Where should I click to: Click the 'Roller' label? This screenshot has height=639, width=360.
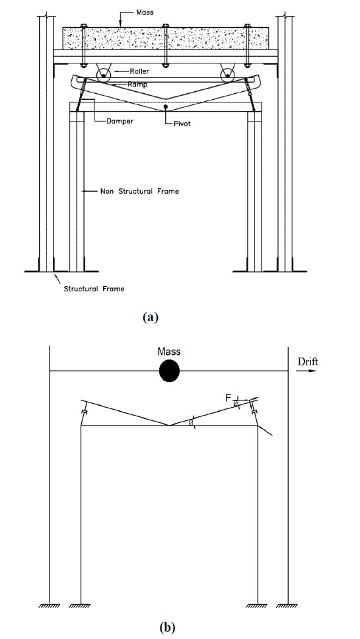coord(139,71)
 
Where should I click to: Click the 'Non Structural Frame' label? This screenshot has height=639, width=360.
coord(139,191)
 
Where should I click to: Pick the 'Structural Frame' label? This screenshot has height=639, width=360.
coord(94,289)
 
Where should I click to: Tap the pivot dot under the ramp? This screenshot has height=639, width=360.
coord(165,107)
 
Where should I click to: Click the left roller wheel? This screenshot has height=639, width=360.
coord(104,75)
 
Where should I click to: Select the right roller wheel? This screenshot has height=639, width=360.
coord(227,75)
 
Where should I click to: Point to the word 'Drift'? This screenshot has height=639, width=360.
coord(308,361)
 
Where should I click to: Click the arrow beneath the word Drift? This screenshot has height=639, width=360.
coord(308,371)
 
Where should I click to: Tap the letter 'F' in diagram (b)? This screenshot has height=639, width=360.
coord(229,398)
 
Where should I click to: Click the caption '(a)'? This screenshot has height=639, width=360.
coord(151,317)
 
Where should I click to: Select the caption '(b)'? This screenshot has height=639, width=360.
coord(167,628)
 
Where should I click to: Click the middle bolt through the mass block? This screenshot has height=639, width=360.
coord(165,45)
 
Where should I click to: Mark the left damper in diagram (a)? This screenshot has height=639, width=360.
coord(82,94)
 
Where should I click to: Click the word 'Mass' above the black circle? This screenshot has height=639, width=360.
coord(169,352)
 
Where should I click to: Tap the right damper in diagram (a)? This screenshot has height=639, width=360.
coord(250,94)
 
